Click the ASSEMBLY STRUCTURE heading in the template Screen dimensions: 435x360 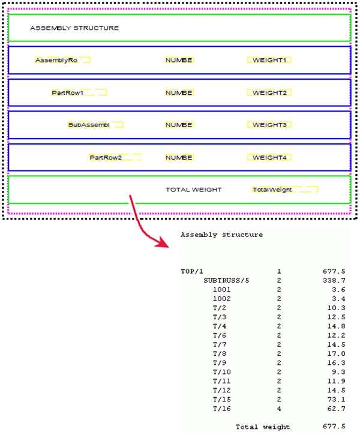pos(74,28)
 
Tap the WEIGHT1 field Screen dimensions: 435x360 pos(271,60)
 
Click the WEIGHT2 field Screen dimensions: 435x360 pos(271,92)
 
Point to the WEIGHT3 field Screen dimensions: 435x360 pos(271,125)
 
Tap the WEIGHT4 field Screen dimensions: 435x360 pos(271,158)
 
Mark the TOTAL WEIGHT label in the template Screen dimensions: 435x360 pos(193,190)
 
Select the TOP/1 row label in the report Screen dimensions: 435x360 pos(192,271)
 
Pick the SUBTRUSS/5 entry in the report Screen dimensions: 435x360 pos(226,280)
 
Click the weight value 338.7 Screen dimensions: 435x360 pos(334,280)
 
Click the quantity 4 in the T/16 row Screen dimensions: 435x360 pos(279,408)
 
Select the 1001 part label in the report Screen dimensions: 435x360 pos(221,290)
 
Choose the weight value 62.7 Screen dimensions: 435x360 pos(335,408)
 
